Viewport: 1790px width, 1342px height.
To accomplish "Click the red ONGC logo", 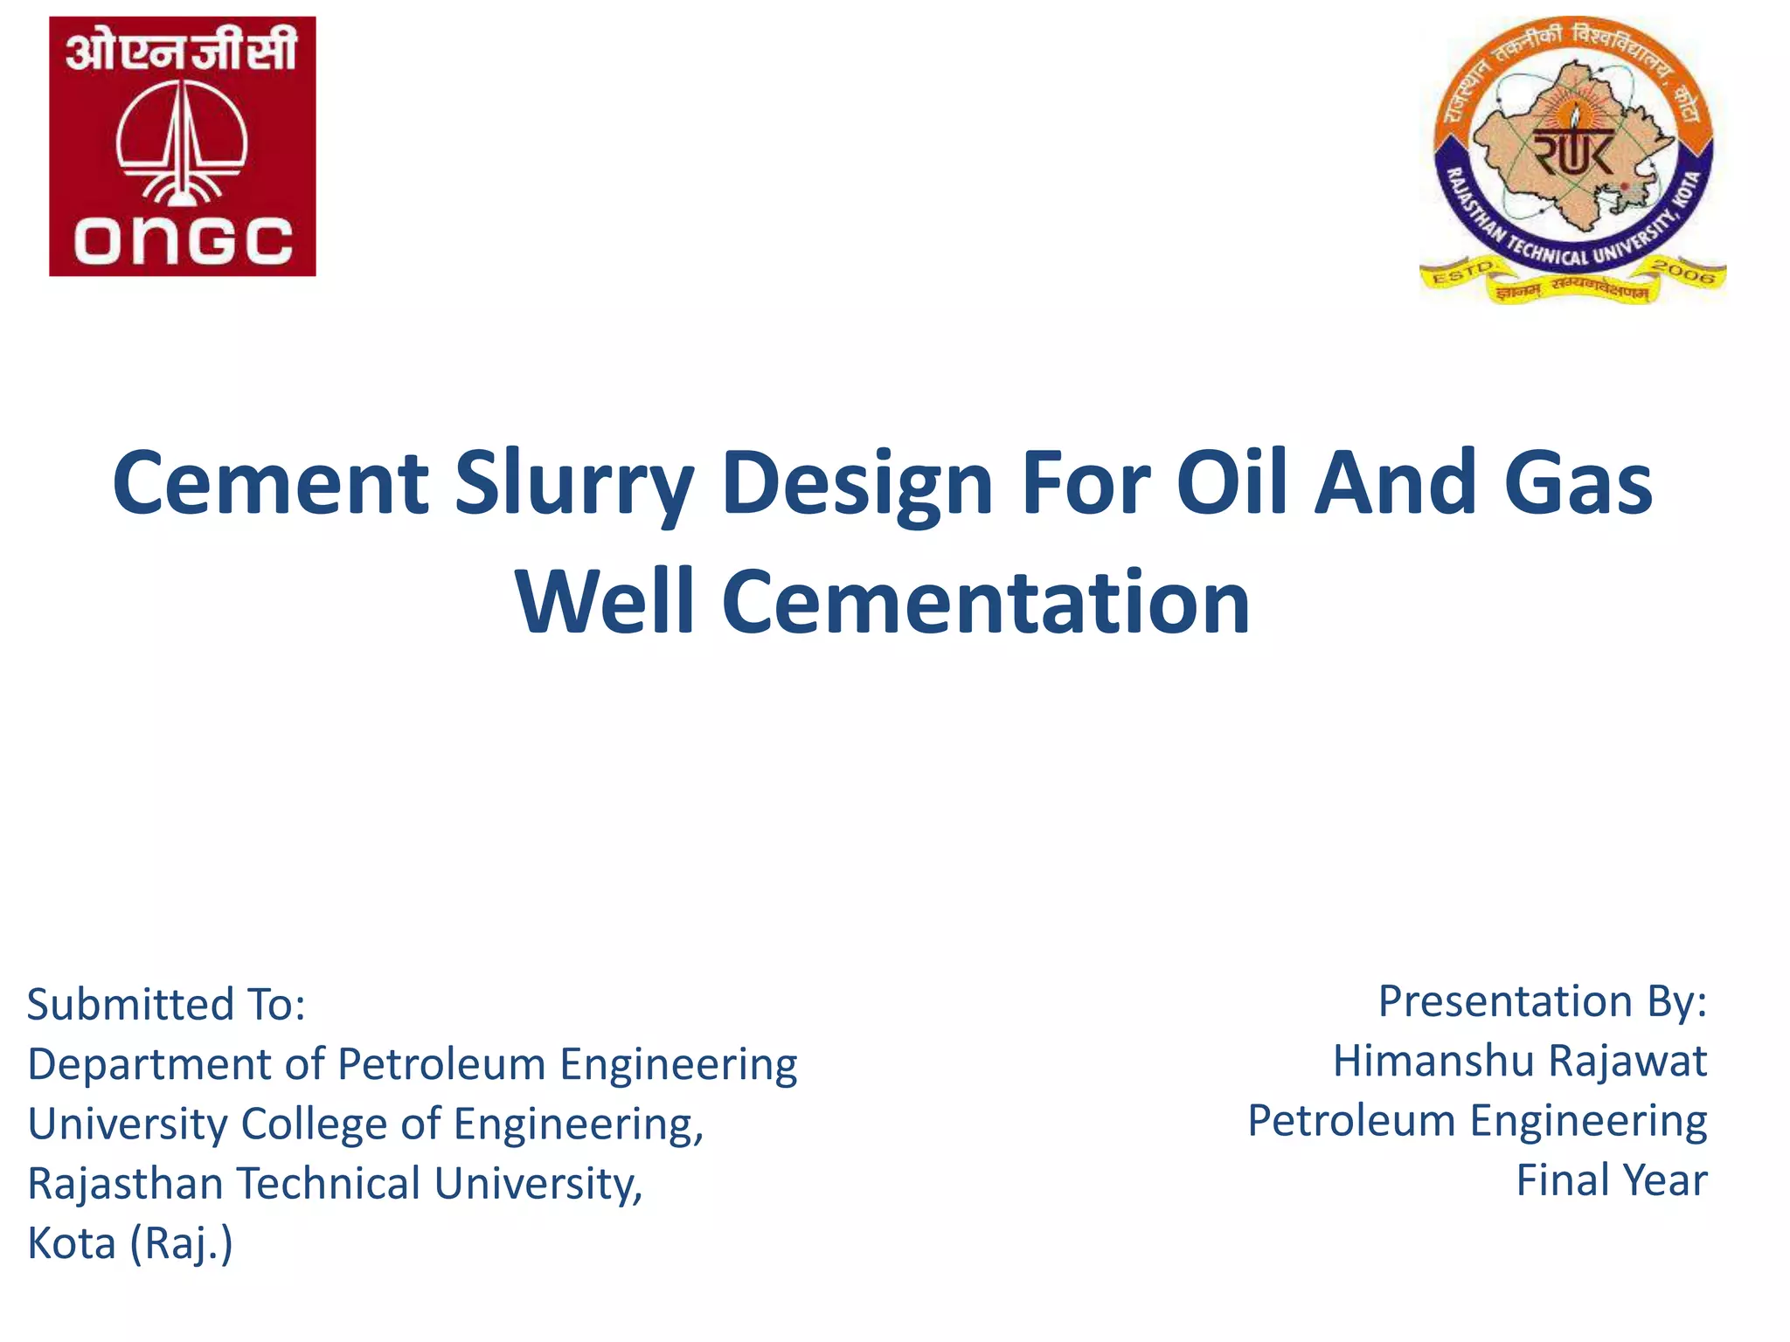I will pyautogui.click(x=182, y=146).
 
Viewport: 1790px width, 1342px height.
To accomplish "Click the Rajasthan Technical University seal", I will pyautogui.click(x=1572, y=157).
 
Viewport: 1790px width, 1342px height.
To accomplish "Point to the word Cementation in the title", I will pyautogui.click(x=985, y=602).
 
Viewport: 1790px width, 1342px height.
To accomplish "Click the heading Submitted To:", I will pyautogui.click(x=166, y=1004).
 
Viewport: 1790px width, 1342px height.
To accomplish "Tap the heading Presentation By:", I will pyautogui.click(x=1542, y=1001).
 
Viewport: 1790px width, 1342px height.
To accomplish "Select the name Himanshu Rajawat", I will pyautogui.click(x=1519, y=1062).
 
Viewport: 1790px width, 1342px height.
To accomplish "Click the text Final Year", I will pyautogui.click(x=1611, y=1181).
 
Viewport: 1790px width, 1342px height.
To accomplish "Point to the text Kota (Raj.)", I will pyautogui.click(x=130, y=1243).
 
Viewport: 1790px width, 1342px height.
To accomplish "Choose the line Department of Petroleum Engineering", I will pyautogui.click(x=412, y=1065).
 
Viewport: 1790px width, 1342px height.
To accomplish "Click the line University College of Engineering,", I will pyautogui.click(x=365, y=1124).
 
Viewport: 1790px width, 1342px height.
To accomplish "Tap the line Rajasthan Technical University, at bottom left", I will pyautogui.click(x=335, y=1184).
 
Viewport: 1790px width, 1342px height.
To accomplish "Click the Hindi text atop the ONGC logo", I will pyautogui.click(x=182, y=50).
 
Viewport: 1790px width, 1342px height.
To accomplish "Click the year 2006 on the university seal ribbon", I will pyautogui.click(x=1683, y=272).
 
